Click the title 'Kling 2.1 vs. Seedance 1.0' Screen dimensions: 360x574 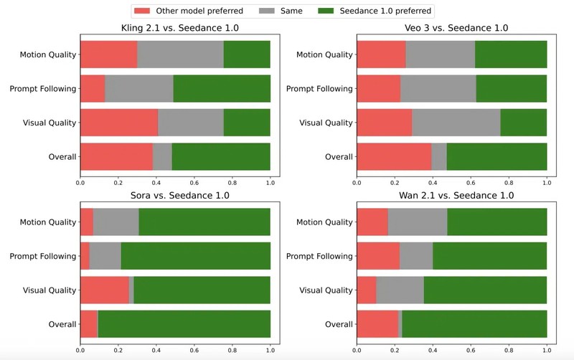(x=175, y=29)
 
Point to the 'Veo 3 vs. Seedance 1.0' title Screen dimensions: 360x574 (x=452, y=29)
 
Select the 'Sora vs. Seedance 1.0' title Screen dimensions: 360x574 (x=175, y=196)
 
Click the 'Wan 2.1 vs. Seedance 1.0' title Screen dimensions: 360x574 (x=452, y=196)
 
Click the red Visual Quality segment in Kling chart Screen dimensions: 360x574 (x=119, y=123)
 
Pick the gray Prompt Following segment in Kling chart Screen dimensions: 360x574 (x=139, y=88)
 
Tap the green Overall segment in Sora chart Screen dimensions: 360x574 (x=184, y=324)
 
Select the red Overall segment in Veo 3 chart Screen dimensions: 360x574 (x=394, y=156)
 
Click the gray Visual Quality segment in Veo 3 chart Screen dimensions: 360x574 (x=456, y=123)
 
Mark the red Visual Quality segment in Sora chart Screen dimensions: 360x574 (x=105, y=290)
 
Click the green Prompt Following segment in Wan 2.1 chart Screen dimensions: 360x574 (x=489, y=256)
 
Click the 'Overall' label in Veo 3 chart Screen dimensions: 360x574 (x=339, y=156)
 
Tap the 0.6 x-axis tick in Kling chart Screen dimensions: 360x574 (x=194, y=182)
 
